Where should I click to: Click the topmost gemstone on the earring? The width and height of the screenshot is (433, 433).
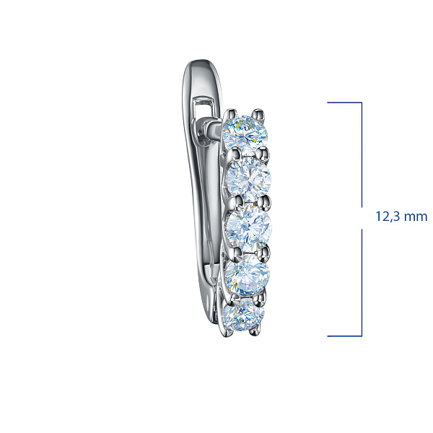(245, 133)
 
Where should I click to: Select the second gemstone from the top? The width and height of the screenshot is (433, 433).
(248, 179)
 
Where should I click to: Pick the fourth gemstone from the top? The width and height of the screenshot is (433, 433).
(248, 274)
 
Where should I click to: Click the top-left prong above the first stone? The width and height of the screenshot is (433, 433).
(232, 114)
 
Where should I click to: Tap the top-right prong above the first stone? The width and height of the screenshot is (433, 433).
(259, 114)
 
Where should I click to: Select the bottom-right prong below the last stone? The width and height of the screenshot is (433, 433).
(254, 331)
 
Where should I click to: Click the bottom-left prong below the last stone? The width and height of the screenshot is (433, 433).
(227, 333)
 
